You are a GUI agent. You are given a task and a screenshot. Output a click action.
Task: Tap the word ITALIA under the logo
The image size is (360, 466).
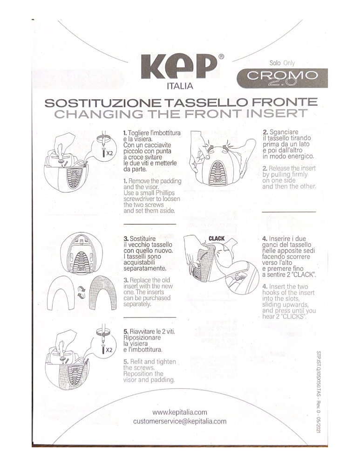pos(180,86)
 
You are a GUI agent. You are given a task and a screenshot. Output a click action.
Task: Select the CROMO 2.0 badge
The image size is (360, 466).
pos(282,78)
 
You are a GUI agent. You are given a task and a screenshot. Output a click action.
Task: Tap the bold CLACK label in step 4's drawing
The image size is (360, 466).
pos(217,239)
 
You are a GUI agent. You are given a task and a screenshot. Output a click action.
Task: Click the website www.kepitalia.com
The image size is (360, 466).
pos(180,412)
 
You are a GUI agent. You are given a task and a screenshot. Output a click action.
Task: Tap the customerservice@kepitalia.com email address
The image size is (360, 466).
pos(180,421)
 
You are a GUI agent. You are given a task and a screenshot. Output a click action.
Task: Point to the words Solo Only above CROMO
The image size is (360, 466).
pos(282,63)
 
